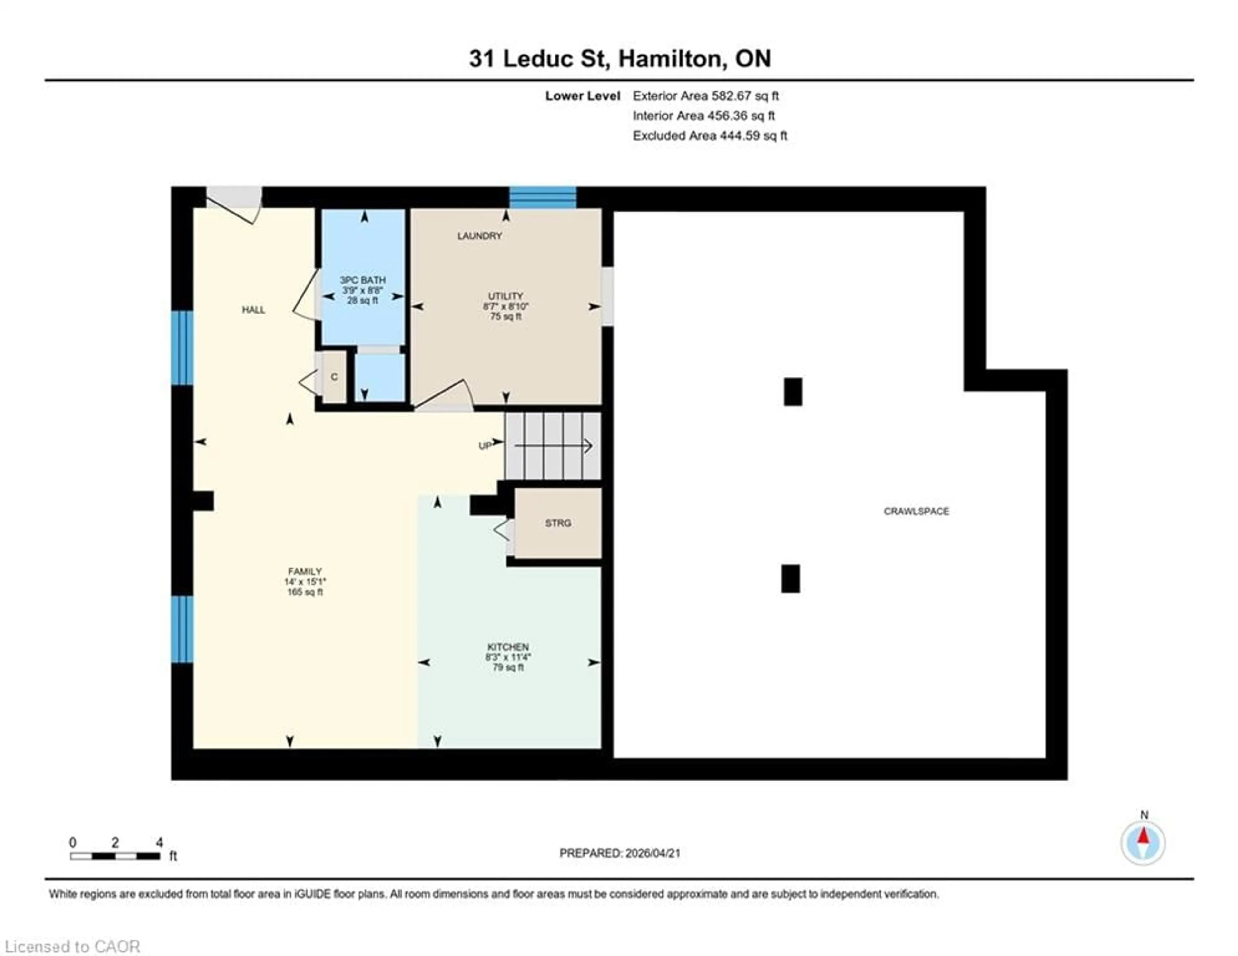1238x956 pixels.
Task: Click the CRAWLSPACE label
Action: [x=916, y=511]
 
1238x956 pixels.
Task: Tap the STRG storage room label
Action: [x=558, y=523]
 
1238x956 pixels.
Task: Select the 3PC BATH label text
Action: [x=362, y=280]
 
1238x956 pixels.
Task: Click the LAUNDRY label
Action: [x=479, y=236]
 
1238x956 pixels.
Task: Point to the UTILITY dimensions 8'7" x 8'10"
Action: [x=506, y=306]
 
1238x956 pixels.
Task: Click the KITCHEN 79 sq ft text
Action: [x=508, y=667]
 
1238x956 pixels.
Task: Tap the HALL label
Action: [x=253, y=310]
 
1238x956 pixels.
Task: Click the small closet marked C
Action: [x=334, y=377]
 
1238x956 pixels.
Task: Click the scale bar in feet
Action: [x=115, y=856]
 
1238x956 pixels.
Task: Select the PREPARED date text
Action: [x=620, y=853]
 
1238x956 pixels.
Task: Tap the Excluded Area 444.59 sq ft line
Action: [x=710, y=135]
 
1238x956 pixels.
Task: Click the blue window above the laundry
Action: [x=543, y=197]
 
